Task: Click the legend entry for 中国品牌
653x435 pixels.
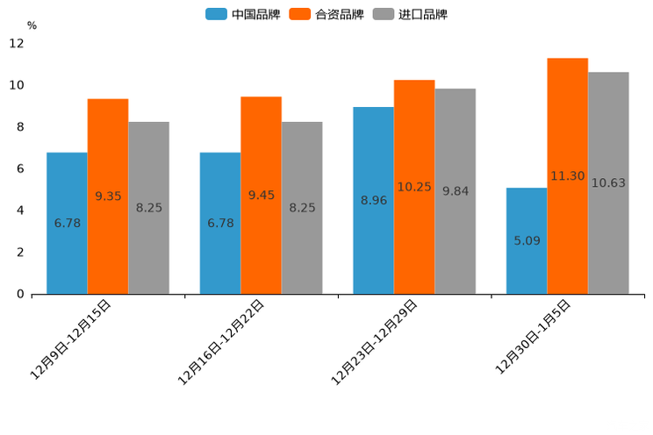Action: [242, 14]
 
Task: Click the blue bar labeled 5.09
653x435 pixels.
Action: [527, 240]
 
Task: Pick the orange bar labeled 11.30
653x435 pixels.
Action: [567, 175]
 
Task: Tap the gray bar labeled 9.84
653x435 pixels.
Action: [455, 191]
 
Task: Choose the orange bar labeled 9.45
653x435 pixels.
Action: [261, 195]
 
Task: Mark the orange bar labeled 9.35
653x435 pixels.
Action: [108, 196]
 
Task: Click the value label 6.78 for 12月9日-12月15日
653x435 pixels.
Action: [68, 224]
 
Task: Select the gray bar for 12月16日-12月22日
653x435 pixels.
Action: [302, 207]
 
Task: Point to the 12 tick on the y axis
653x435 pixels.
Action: [17, 43]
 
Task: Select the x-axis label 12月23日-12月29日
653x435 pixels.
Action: [375, 341]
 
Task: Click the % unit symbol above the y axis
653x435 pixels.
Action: [32, 25]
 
